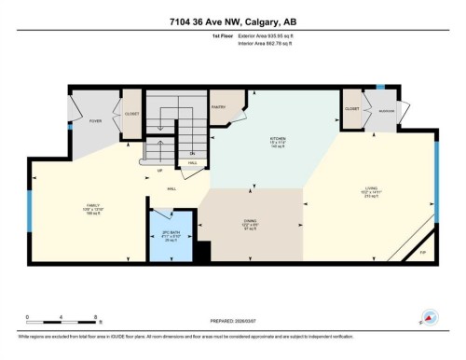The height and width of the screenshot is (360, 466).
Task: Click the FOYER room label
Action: pyautogui.click(x=95, y=120)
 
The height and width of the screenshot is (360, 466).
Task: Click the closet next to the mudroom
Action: pyautogui.click(x=351, y=109)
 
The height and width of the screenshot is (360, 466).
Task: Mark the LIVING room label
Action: pyautogui.click(x=371, y=194)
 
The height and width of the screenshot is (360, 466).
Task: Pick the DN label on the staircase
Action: pyautogui.click(x=192, y=153)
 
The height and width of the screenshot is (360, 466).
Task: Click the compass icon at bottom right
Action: pyautogui.click(x=430, y=316)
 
